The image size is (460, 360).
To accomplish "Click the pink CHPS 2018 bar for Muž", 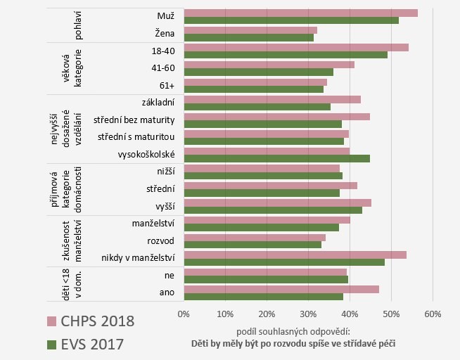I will (x=300, y=13).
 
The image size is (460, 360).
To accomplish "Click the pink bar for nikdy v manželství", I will (x=295, y=255).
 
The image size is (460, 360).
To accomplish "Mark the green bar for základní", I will (x=257, y=107).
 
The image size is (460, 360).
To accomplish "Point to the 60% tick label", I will (x=433, y=313).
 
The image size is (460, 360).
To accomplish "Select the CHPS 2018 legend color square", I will (x=51, y=321).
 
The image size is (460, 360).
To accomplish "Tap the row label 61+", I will (x=166, y=84).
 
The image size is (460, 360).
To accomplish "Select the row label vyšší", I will (x=165, y=205).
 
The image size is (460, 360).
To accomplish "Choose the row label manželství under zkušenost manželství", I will (x=153, y=223).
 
